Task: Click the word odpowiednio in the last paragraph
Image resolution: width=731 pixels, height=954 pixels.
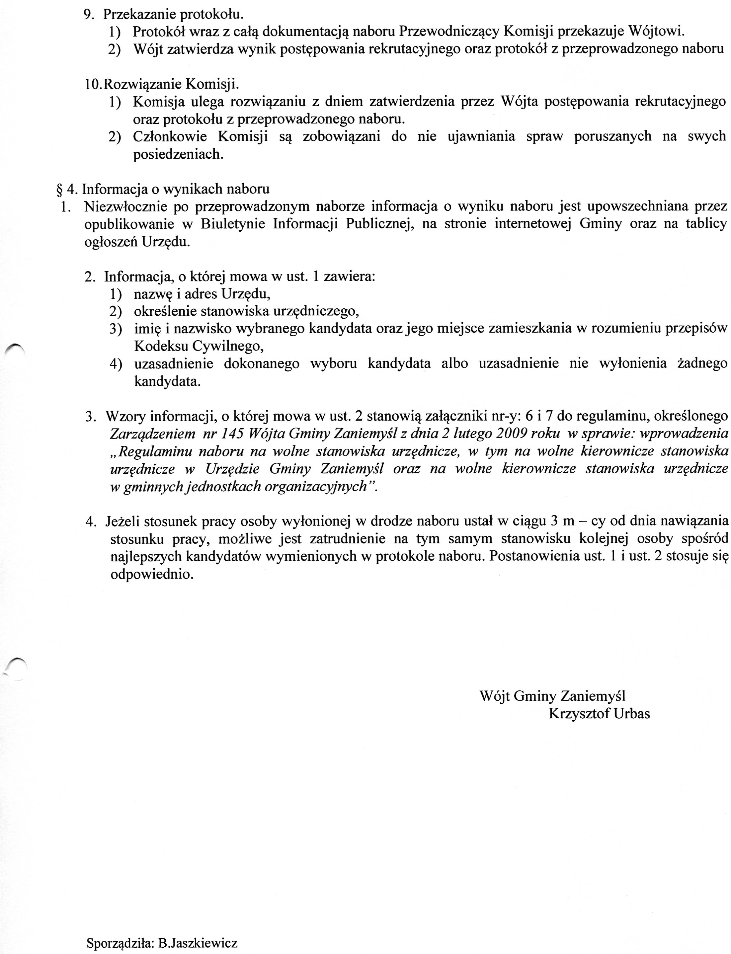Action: tap(151, 574)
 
